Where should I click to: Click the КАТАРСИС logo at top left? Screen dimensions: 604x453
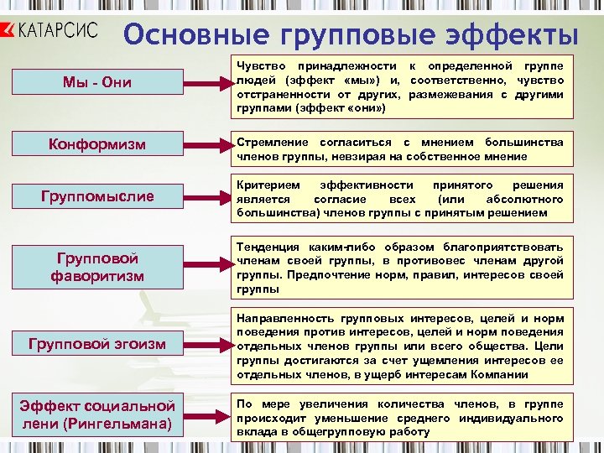52,31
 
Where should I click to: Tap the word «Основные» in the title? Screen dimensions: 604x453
190,36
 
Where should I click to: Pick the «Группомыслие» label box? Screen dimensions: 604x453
98,196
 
